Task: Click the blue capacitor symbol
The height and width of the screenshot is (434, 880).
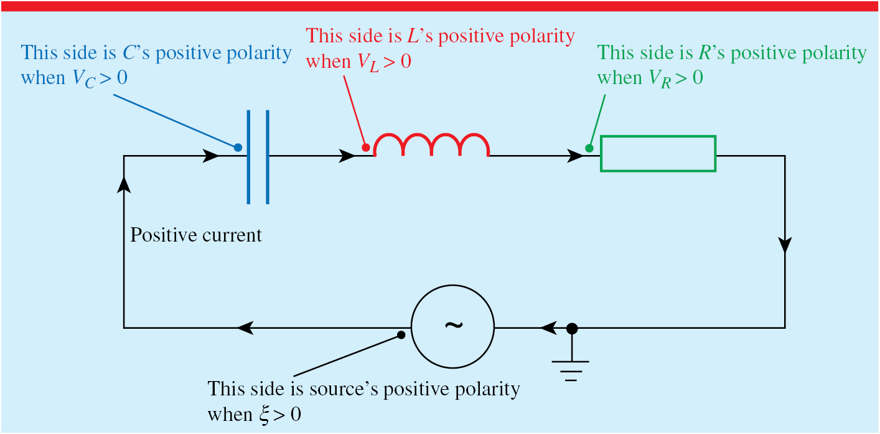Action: [258, 156]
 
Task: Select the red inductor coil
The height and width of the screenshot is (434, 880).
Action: [431, 145]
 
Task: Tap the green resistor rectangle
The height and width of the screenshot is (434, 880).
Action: [658, 153]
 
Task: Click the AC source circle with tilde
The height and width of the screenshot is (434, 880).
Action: [452, 326]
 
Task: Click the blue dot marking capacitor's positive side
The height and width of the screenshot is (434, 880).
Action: [238, 148]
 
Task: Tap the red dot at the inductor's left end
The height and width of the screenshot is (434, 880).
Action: [366, 148]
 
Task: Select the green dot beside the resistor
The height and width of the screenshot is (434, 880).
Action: [589, 148]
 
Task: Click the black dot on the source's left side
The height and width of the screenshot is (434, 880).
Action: [401, 335]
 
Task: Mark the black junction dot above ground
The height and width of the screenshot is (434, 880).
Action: [571, 327]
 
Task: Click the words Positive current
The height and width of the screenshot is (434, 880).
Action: [196, 235]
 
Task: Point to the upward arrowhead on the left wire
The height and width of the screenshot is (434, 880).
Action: [124, 183]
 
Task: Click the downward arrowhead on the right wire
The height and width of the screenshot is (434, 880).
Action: [785, 245]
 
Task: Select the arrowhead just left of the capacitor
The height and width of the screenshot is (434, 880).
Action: [212, 156]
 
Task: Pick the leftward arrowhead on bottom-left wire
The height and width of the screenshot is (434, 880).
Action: [246, 327]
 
